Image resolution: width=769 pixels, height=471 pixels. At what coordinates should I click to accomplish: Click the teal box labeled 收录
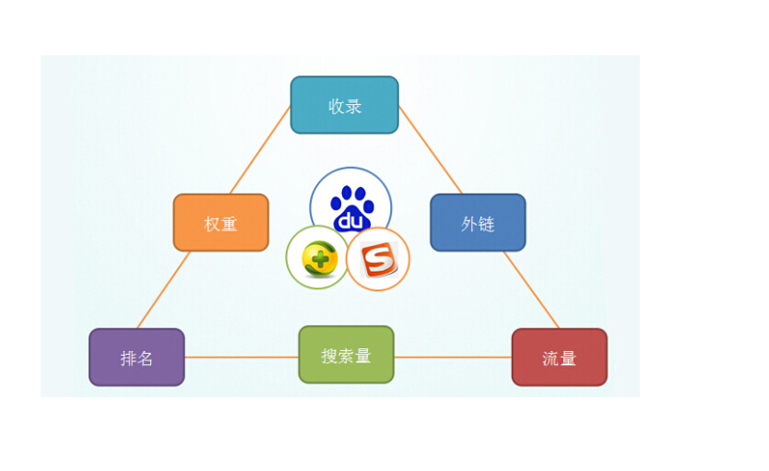click(344, 105)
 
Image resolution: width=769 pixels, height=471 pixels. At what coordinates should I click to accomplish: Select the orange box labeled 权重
click(220, 222)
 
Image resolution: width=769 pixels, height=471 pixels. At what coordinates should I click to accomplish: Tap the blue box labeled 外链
click(478, 222)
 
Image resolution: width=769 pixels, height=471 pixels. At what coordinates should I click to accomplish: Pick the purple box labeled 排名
click(136, 357)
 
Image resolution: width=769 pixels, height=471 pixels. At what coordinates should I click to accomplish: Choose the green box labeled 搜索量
click(346, 355)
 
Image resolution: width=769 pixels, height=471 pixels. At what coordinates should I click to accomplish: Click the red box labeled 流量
click(559, 357)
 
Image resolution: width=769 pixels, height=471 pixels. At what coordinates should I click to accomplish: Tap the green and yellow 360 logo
click(318, 258)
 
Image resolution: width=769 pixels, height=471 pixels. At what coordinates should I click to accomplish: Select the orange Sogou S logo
click(378, 260)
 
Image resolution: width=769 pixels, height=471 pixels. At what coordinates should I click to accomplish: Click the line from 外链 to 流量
click(531, 289)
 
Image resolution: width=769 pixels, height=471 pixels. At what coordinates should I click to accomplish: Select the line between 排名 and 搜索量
click(242, 357)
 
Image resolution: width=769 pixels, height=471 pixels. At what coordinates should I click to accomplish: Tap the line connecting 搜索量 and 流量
click(453, 357)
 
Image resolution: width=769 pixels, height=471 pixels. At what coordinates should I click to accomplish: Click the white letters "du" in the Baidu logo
click(350, 221)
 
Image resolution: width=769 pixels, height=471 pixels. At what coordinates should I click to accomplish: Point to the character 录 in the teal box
click(353, 106)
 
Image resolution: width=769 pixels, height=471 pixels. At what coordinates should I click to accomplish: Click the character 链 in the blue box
click(486, 224)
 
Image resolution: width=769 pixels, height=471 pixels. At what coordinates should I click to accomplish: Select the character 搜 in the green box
click(329, 356)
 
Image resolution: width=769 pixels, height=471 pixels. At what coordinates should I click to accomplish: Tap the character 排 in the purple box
click(128, 359)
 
